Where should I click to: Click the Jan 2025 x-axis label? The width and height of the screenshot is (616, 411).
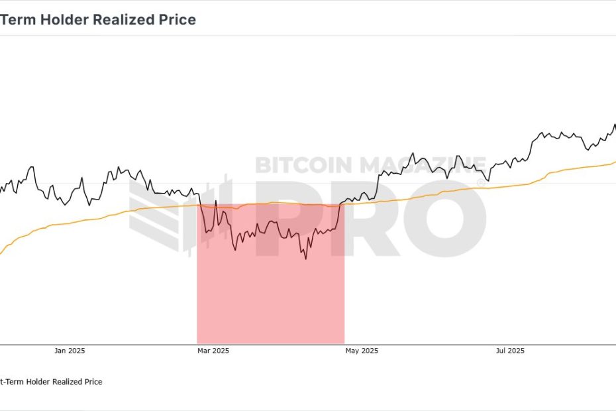click(70, 351)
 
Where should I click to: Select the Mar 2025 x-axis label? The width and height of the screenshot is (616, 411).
click(213, 351)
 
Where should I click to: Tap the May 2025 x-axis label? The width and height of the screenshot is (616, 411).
click(362, 351)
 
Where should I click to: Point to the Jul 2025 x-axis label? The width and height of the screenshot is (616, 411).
click(509, 351)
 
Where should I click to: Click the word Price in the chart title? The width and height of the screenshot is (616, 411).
click(178, 20)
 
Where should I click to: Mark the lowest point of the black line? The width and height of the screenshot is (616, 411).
click(306, 259)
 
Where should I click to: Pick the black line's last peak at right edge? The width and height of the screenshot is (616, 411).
click(614, 125)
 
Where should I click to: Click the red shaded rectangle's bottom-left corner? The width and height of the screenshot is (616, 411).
click(197, 343)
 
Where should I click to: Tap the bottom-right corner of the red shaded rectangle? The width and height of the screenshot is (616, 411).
click(344, 343)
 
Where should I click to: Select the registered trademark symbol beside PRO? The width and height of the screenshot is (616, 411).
click(481, 182)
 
